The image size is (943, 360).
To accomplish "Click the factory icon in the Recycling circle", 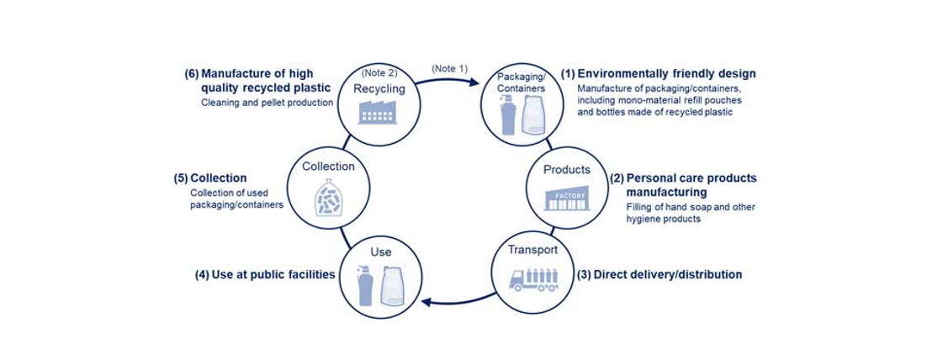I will tap(377, 113).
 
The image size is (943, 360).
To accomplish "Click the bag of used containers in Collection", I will tap(328, 199).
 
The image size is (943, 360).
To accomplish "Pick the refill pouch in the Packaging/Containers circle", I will tap(533, 114).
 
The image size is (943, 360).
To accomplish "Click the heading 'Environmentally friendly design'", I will tap(666, 73).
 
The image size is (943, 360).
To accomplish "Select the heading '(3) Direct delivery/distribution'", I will tap(659, 274).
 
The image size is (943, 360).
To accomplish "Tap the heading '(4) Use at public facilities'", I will tap(265, 274).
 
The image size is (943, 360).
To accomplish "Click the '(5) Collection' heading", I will tap(210, 177).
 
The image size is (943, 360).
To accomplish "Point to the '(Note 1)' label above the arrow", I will tap(448, 67).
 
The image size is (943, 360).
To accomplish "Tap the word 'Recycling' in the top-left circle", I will tap(379, 88).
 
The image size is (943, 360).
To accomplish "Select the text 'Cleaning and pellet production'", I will tap(267, 103).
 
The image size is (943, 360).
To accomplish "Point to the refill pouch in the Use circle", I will tap(394, 286).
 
